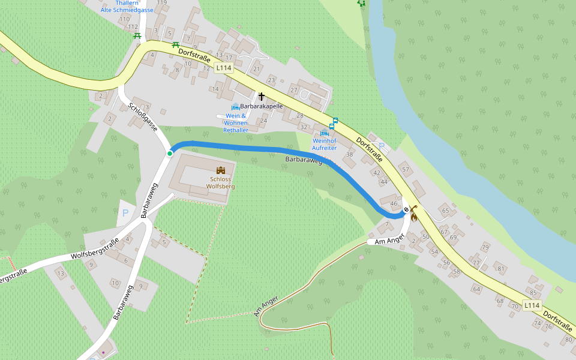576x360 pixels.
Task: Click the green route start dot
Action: click(x=170, y=154)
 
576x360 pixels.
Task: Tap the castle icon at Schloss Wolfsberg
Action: click(x=220, y=170)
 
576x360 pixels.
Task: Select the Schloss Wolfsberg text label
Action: click(x=220, y=182)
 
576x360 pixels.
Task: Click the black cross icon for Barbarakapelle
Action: click(x=261, y=96)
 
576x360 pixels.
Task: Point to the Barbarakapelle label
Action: click(x=262, y=106)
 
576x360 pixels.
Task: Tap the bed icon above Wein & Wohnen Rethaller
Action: click(x=235, y=107)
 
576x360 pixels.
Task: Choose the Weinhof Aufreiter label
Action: click(x=324, y=144)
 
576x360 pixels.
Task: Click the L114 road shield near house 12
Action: click(x=223, y=68)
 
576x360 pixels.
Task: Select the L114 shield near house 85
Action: click(x=532, y=305)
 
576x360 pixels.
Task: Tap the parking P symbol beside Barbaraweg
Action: click(x=125, y=213)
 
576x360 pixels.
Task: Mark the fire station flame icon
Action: click(x=413, y=217)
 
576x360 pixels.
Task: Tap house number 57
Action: click(x=405, y=170)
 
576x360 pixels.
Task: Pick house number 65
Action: click(x=445, y=211)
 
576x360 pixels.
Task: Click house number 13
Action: click(x=60, y=274)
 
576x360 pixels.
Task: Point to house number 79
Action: click(x=485, y=247)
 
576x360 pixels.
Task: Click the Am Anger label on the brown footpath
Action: click(x=266, y=306)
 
